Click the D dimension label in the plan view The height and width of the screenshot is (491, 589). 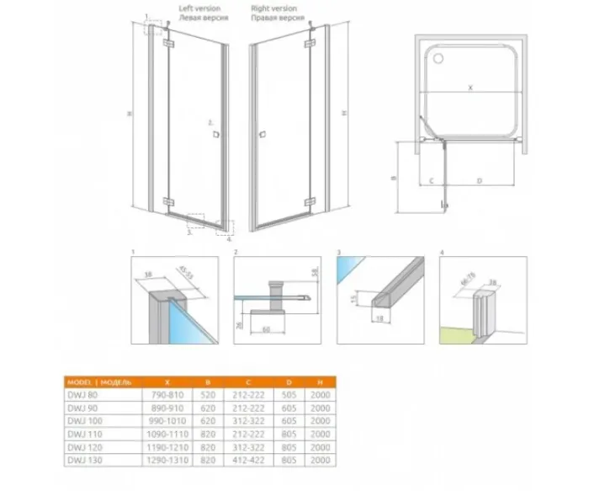pyautogui.click(x=480, y=180)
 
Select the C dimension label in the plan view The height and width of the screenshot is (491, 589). pyautogui.click(x=430, y=180)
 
